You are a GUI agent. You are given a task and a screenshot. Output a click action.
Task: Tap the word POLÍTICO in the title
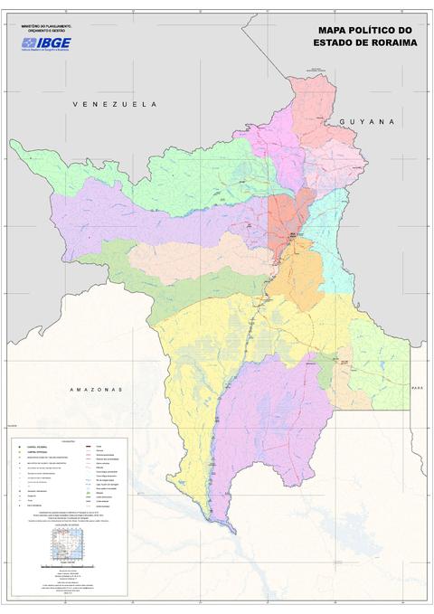[x=368, y=30]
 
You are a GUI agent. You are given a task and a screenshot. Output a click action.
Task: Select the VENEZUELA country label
[x=115, y=105]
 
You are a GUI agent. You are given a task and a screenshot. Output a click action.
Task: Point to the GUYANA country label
[x=368, y=121]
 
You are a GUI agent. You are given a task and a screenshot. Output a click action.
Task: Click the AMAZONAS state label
[x=96, y=389]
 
